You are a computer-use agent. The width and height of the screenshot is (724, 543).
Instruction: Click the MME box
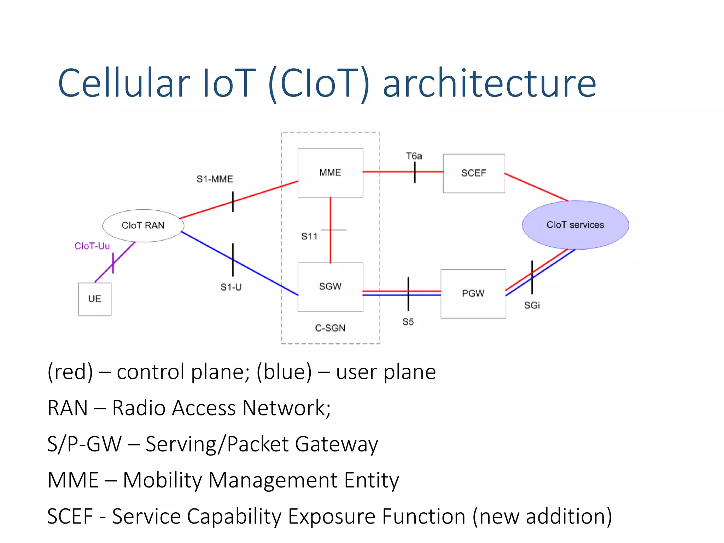coord(330,173)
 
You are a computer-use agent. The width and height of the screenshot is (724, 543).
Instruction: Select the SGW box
coord(330,286)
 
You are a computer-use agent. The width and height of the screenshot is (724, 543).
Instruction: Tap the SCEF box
coord(474,173)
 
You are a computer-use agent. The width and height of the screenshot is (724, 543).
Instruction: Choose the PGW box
coord(473,293)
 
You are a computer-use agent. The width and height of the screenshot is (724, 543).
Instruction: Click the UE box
coord(95,299)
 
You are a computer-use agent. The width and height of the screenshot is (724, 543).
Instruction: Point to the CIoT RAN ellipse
coord(143,226)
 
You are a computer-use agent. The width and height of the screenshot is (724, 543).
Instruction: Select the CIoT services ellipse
coord(575,225)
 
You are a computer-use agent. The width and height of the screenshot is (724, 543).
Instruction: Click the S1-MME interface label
coord(215,179)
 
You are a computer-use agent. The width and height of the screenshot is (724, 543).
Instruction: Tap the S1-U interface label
coord(231,287)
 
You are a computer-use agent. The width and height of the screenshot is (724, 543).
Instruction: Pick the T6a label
coord(414,156)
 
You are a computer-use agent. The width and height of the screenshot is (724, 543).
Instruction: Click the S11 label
coord(309,237)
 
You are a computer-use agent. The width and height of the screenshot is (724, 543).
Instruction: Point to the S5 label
coord(408,322)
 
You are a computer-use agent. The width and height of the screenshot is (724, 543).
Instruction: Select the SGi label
coord(532,305)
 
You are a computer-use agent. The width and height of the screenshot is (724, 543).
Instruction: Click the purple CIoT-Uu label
coord(92,246)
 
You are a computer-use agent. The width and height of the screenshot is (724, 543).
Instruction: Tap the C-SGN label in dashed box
coord(330,328)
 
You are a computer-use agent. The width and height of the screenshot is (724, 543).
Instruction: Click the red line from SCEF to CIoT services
coord(536,187)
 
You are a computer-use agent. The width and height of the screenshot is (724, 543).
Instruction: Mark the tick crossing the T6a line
coord(415,172)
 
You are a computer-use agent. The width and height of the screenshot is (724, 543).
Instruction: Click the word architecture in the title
coord(490,84)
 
